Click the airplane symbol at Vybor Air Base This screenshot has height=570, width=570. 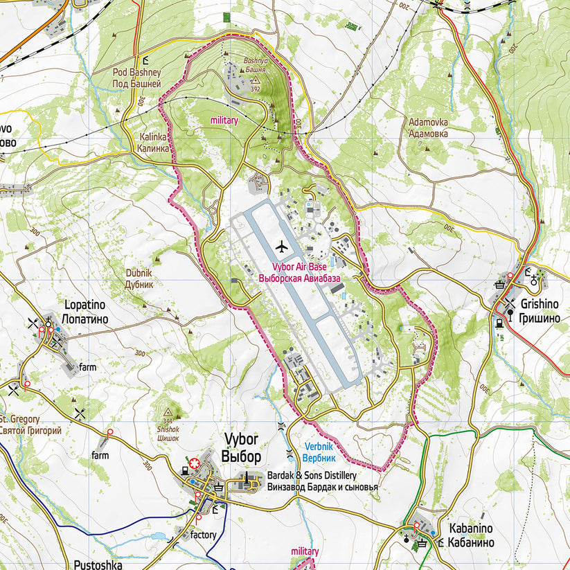click(x=281, y=246)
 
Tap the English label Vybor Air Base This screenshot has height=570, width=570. click(x=300, y=267)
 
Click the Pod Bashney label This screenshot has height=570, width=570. click(x=136, y=72)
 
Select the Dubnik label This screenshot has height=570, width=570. click(x=139, y=274)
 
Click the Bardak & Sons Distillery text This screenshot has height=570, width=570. click(x=311, y=476)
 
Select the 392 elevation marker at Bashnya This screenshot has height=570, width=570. click(x=255, y=84)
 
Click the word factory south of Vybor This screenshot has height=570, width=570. click(x=204, y=535)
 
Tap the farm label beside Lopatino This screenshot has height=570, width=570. click(x=87, y=366)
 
